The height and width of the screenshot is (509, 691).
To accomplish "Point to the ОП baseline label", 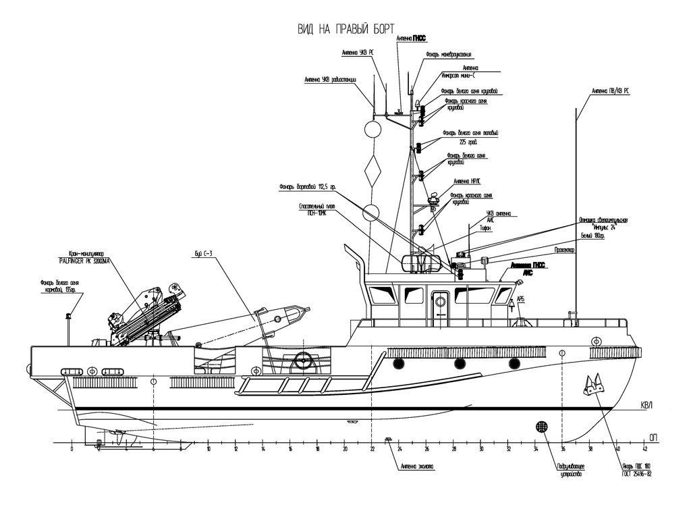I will pos(653,437).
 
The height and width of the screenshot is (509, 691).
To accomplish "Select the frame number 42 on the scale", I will pos(645,450).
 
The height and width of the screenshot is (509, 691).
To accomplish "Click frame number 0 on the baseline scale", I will pos(72,450).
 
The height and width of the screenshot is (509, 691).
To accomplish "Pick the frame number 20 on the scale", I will pos(345,450).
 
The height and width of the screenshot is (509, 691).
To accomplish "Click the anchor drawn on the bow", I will pos(594,386).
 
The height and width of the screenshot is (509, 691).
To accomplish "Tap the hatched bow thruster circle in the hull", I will pos(541,427).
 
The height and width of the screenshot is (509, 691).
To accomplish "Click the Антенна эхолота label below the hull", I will pos(417,466).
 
